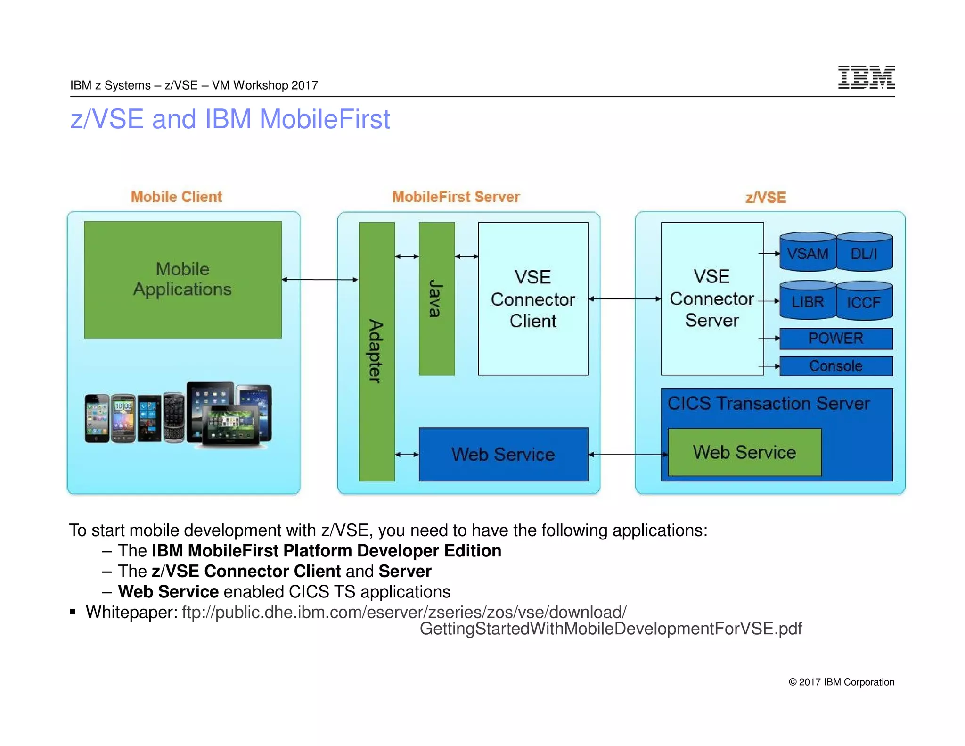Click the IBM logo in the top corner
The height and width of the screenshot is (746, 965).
(866, 77)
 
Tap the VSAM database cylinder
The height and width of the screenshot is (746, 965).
(808, 253)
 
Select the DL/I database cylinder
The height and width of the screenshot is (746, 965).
(864, 253)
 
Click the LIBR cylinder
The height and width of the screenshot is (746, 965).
(808, 301)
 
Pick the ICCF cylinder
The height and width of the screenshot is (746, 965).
(864, 302)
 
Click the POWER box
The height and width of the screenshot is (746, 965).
(836, 338)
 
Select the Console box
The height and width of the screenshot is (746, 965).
(836, 366)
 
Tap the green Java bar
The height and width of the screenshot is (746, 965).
(437, 298)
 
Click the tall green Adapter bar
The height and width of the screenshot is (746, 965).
(376, 351)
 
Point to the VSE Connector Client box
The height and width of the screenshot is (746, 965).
(533, 298)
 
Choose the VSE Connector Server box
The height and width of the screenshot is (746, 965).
(712, 298)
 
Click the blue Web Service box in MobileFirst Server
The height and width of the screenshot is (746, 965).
(503, 454)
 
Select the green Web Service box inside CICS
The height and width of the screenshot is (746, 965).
(744, 452)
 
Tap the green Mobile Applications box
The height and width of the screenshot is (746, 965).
(183, 279)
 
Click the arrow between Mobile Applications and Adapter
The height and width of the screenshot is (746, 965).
(320, 280)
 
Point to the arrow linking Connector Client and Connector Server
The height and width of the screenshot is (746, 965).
(625, 298)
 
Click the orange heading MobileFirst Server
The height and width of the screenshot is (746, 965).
(456, 197)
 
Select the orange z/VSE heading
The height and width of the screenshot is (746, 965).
(766, 197)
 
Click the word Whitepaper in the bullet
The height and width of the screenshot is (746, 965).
(131, 612)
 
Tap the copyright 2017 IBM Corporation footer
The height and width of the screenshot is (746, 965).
(841, 682)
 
